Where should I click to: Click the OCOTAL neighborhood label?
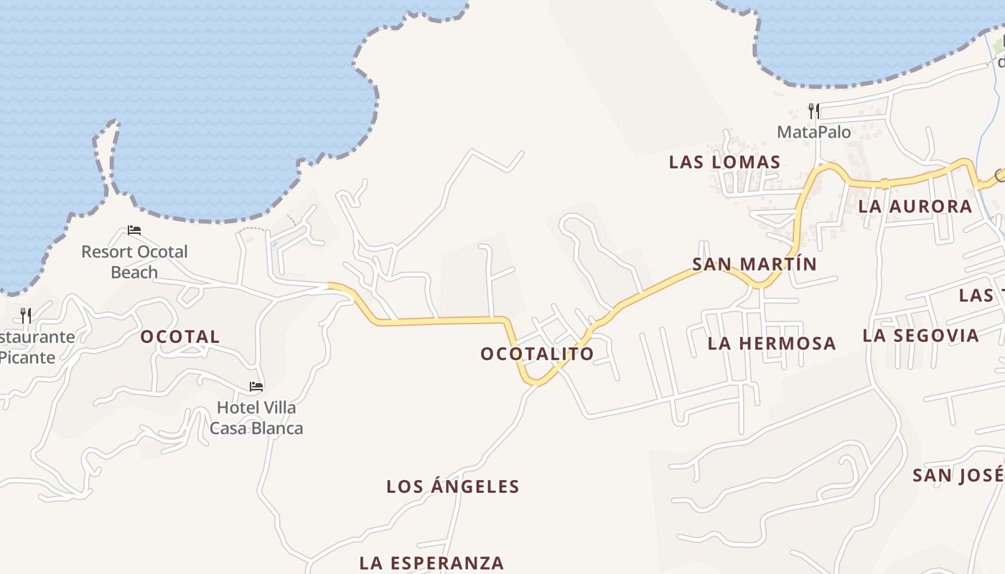coord(179,337)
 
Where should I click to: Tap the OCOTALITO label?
coord(537,354)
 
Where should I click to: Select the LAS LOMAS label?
coord(724,162)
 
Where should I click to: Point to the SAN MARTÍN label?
coord(754,264)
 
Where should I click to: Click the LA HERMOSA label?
coord(772,343)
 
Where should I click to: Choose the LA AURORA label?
coord(915,207)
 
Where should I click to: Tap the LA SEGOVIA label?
coord(920,335)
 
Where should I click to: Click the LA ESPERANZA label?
coord(431,563)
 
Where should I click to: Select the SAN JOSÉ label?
coord(958,475)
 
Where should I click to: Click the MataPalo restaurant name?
coord(814,132)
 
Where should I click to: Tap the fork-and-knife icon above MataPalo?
coord(814,110)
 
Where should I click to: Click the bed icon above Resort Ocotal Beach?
coord(134,230)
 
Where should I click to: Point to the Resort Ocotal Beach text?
coord(134,262)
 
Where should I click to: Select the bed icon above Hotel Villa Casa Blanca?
coord(256,386)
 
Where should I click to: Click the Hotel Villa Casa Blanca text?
coord(256,418)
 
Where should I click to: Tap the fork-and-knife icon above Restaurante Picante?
coord(26,315)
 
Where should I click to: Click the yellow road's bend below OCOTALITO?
coord(536,381)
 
